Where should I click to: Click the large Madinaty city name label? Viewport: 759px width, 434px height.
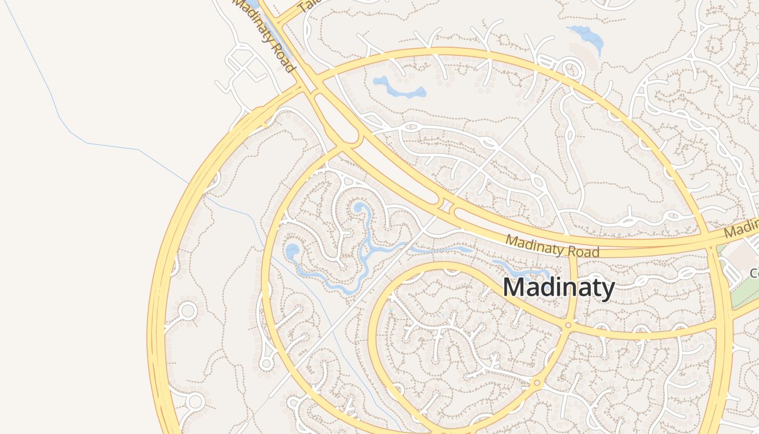click(x=558, y=288)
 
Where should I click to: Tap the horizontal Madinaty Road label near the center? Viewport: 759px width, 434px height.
click(x=552, y=246)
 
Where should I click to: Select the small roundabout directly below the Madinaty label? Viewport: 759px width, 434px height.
click(x=568, y=325)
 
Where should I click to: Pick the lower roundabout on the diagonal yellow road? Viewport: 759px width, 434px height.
click(x=537, y=383)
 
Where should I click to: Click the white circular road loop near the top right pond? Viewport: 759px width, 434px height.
click(x=570, y=69)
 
